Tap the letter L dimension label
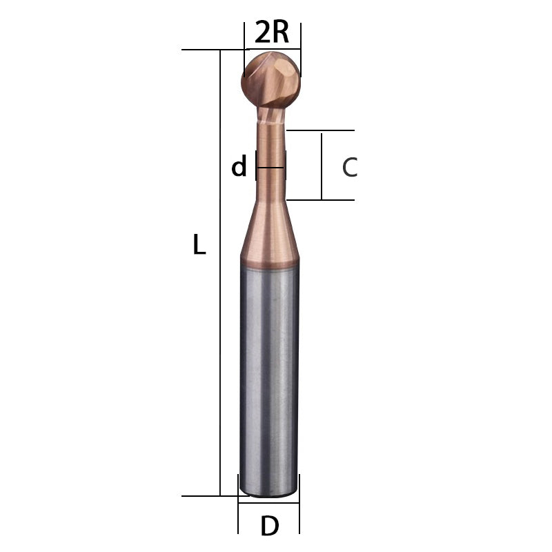[199, 245]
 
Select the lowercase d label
[239, 166]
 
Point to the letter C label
[350, 167]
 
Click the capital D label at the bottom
[270, 526]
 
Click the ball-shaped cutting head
[271, 79]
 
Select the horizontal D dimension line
[269, 503]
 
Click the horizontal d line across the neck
[270, 167]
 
